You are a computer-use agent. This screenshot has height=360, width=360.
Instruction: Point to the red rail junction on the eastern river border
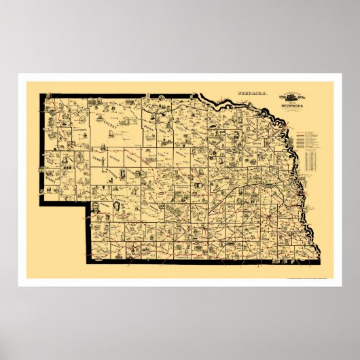(296, 200)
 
